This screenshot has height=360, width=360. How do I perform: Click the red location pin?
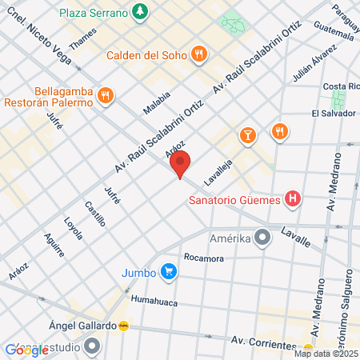click(180, 164)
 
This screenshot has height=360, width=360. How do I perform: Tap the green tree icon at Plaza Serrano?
click(141, 11)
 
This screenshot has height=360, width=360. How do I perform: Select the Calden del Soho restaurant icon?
click(199, 54)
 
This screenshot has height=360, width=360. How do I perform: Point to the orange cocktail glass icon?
click(247, 134)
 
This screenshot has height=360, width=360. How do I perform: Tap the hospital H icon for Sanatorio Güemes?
click(293, 198)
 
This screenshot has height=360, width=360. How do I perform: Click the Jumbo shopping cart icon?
click(168, 272)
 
